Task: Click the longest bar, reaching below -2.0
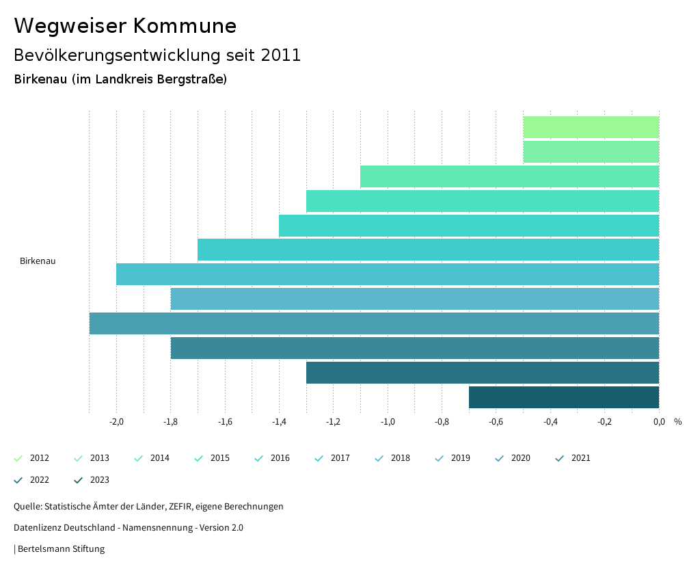[374, 323]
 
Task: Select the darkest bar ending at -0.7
[564, 397]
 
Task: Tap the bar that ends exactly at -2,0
[388, 274]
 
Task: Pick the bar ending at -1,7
[428, 250]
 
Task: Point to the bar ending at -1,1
[509, 176]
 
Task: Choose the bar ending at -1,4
[469, 226]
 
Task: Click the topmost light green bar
[591, 127]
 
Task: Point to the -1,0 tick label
[388, 422]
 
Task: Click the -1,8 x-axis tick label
[171, 422]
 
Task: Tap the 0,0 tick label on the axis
[659, 422]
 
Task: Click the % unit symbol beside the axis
[677, 422]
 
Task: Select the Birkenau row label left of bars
[38, 261]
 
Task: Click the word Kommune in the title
[185, 26]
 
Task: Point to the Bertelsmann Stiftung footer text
[61, 549]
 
